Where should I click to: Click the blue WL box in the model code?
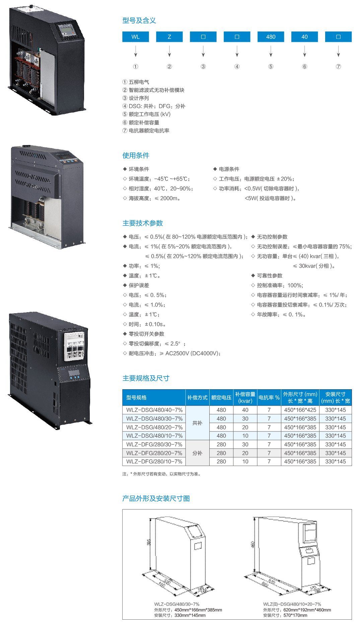click(136, 37)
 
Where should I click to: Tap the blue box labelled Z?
click(169, 37)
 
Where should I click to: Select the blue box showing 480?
click(271, 37)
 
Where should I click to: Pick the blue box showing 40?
click(304, 37)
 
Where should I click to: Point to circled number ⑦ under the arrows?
click(338, 67)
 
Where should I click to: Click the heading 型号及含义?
click(139, 20)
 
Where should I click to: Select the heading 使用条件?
click(136, 155)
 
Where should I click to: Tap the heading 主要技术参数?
click(142, 223)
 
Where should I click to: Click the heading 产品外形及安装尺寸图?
click(156, 498)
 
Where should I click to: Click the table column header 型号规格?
click(136, 398)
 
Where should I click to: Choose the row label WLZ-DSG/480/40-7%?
click(154, 410)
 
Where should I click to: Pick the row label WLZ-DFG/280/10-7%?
click(154, 462)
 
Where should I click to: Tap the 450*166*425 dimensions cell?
click(300, 410)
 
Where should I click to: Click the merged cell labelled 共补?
click(197, 423)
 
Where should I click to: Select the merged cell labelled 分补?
click(197, 453)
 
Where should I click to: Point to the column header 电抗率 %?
click(269, 398)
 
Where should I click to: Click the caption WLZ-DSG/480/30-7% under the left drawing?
click(177, 604)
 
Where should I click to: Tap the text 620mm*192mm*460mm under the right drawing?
click(307, 610)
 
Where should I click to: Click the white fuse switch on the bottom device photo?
click(74, 346)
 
